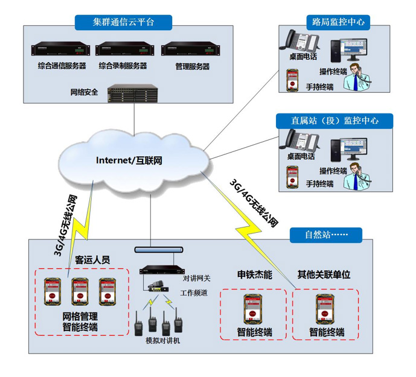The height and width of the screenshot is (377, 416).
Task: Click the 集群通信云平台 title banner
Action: [x=124, y=22]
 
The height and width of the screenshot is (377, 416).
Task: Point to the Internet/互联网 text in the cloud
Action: [x=129, y=160]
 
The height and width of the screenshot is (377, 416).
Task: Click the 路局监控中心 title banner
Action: [x=338, y=22]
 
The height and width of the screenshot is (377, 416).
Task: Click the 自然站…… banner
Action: [x=325, y=233]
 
